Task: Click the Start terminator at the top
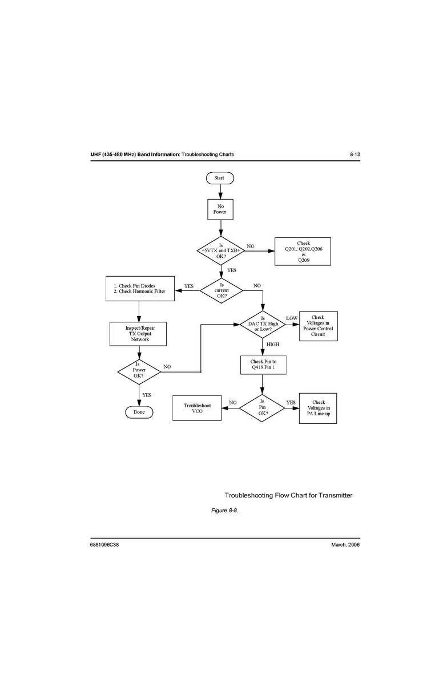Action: coord(220,178)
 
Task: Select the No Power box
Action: coord(220,209)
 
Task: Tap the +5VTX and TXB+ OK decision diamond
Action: coord(220,251)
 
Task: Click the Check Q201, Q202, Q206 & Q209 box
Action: coord(303,252)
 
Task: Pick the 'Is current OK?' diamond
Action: coord(221,290)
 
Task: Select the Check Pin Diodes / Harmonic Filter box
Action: coord(139,289)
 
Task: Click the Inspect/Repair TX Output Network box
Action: coord(139,334)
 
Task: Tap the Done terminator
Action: coord(139,412)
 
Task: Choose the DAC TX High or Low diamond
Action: coord(263,324)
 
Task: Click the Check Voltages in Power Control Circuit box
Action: coord(318,326)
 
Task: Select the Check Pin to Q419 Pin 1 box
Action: coord(263,365)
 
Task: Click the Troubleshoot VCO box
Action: coord(197,408)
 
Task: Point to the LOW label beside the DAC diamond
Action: coord(291,318)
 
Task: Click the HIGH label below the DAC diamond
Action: coord(272,345)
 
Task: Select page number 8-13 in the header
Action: coord(355,155)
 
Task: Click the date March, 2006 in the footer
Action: coord(345,545)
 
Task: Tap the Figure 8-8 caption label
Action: coord(224,510)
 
